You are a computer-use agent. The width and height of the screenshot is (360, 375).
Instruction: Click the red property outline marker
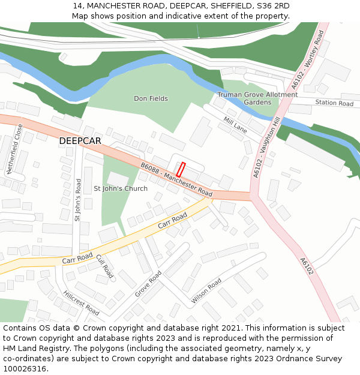point(181,169)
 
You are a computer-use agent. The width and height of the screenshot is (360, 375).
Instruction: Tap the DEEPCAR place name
point(80,141)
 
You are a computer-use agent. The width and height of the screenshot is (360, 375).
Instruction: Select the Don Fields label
point(151,98)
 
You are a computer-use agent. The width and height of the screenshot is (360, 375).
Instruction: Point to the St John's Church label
point(121,188)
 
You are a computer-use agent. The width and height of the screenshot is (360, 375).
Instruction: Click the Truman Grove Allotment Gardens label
point(257,98)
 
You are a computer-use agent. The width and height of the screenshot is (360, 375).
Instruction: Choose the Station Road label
point(334,103)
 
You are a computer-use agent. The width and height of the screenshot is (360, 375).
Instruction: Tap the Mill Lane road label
point(235,125)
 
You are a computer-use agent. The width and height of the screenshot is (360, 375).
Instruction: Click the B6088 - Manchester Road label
point(176,179)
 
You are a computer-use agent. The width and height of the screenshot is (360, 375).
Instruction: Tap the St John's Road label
point(77,199)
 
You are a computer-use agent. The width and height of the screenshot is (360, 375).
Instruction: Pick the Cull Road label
point(105,266)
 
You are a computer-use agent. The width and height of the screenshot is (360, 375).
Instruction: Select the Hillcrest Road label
point(81,302)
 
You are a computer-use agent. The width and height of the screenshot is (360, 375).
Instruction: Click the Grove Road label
point(148,284)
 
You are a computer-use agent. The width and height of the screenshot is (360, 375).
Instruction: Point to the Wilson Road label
point(206,290)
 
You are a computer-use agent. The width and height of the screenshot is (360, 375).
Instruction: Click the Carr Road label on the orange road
point(172,224)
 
